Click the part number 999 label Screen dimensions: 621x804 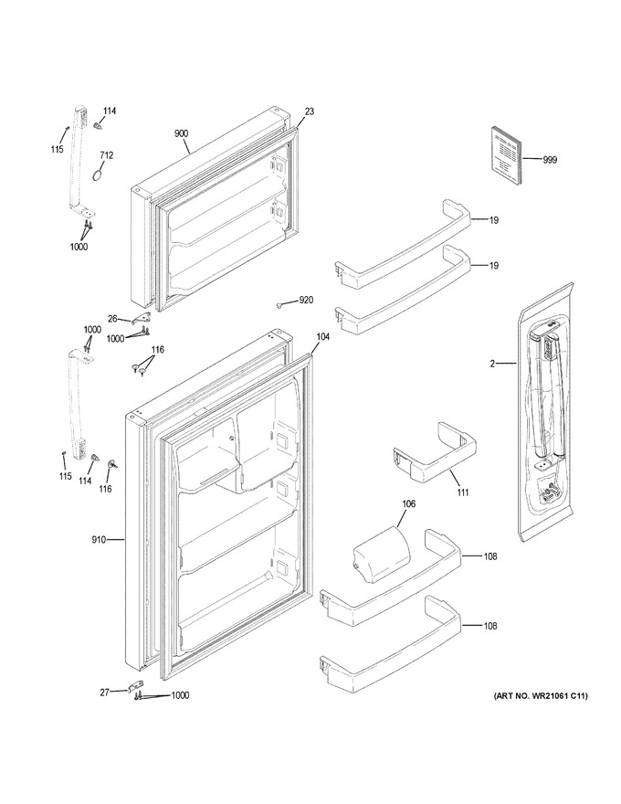pos(551,160)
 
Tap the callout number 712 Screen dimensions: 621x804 pos(107,155)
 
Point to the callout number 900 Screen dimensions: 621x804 pos(182,133)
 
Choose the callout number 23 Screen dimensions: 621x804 pos(310,111)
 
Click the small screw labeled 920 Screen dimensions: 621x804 pos(280,305)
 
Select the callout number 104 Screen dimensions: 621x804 pos(322,337)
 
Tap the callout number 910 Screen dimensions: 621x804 pos(99,539)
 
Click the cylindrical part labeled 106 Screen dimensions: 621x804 pos(383,553)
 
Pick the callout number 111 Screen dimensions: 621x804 pos(463,492)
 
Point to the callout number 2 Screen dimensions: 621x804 pos(492,364)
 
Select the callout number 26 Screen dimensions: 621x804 pos(112,319)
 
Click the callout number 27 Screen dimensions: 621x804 pos(104,693)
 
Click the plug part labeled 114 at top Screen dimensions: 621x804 pos(99,125)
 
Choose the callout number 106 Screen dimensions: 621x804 pos(409,504)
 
